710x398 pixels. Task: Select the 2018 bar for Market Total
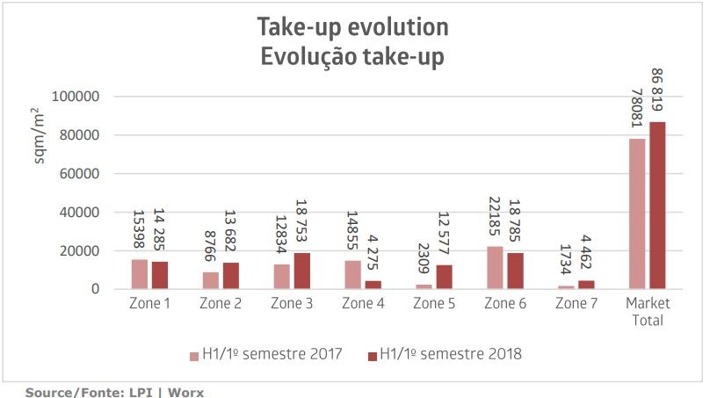click(657, 206)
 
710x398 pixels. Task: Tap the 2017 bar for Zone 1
click(139, 274)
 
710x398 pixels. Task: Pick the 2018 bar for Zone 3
click(302, 271)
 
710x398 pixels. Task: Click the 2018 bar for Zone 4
click(373, 285)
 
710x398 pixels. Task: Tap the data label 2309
click(423, 260)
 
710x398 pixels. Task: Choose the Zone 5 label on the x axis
click(433, 304)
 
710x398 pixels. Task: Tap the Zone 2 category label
click(221, 304)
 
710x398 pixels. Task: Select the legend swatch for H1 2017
click(194, 356)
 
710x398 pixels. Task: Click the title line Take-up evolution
click(352, 27)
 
